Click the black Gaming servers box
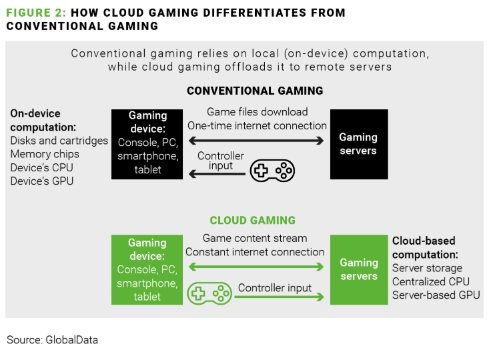[358, 144]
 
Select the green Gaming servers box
[358, 269]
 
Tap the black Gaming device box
[148, 144]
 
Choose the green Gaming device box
[148, 269]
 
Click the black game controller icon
[272, 171]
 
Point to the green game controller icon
[208, 293]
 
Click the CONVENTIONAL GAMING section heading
[255, 91]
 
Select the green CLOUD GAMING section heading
[252, 221]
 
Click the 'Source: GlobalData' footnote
[52, 340]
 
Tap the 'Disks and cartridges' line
[59, 141]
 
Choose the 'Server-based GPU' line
[436, 295]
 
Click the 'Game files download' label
[257, 112]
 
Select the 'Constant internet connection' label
[255, 252]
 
